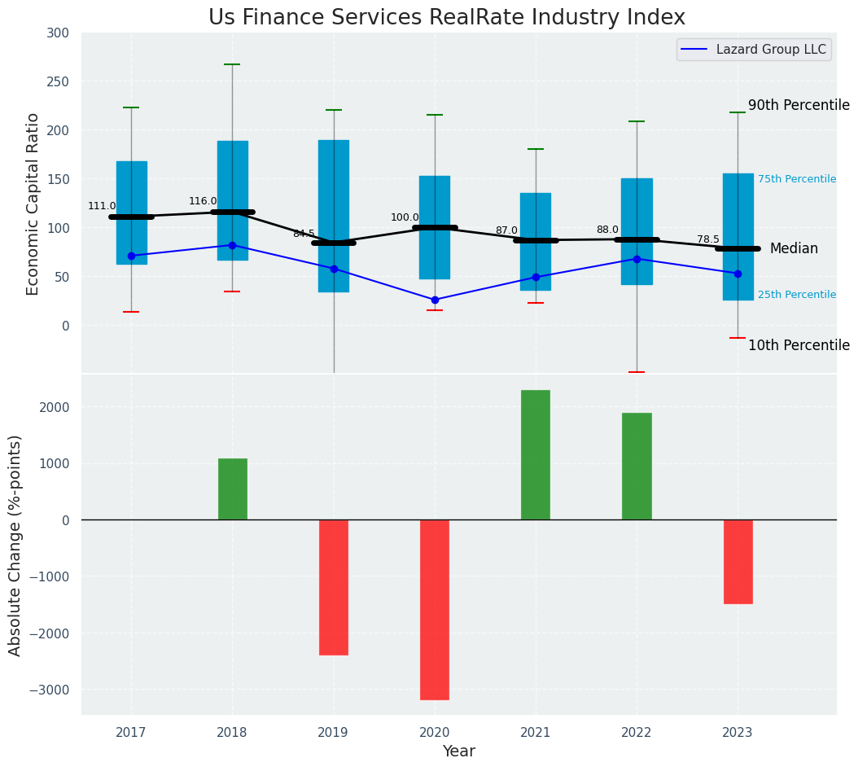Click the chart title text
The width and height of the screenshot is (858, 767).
tap(446, 18)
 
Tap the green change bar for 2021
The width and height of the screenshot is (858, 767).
tap(536, 454)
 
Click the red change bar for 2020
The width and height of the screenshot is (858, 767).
tap(435, 609)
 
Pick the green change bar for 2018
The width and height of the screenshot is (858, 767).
tap(232, 489)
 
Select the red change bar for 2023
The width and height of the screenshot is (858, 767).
tap(738, 562)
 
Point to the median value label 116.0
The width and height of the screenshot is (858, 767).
tap(203, 201)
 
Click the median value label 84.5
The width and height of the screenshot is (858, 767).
tap(304, 234)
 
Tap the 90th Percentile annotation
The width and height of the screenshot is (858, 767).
tap(799, 105)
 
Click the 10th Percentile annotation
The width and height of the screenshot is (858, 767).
tap(799, 345)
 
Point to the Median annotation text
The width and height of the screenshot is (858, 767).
tap(794, 248)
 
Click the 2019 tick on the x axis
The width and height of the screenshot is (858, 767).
tap(333, 733)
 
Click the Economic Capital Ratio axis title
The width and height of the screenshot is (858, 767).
tap(33, 204)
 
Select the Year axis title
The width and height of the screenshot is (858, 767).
tap(458, 752)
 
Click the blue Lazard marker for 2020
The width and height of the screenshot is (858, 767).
tap(435, 300)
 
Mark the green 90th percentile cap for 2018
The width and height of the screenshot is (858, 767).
tap(232, 64)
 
